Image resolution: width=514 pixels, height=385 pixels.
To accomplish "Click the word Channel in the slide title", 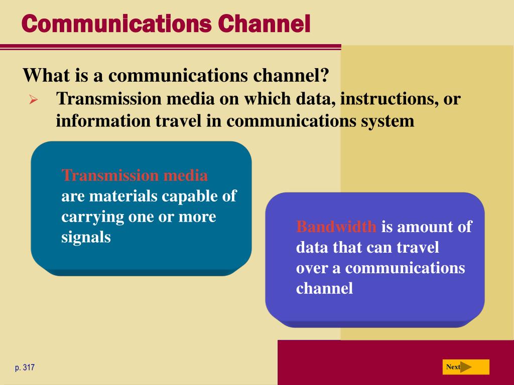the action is pyautogui.click(x=264, y=24).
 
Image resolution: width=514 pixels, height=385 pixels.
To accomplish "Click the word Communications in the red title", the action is pyautogui.click(x=116, y=24).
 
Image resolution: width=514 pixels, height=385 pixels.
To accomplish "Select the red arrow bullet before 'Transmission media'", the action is pyautogui.click(x=33, y=99).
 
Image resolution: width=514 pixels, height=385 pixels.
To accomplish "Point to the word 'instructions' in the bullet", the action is pyautogui.click(x=389, y=99).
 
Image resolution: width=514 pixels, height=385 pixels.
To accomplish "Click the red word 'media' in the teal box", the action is pyautogui.click(x=186, y=175).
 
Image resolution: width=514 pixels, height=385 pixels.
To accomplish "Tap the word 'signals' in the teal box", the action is pyautogui.click(x=86, y=237).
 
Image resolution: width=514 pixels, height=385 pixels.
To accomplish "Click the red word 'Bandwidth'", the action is pyautogui.click(x=336, y=227).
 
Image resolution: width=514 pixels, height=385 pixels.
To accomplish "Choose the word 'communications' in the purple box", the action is pyautogui.click(x=405, y=268).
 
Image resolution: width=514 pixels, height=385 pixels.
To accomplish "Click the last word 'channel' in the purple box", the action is pyautogui.click(x=325, y=288).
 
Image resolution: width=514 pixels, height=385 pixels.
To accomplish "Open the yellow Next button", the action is pyautogui.click(x=466, y=367).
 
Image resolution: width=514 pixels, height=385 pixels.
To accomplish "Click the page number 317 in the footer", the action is pyautogui.click(x=29, y=367).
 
